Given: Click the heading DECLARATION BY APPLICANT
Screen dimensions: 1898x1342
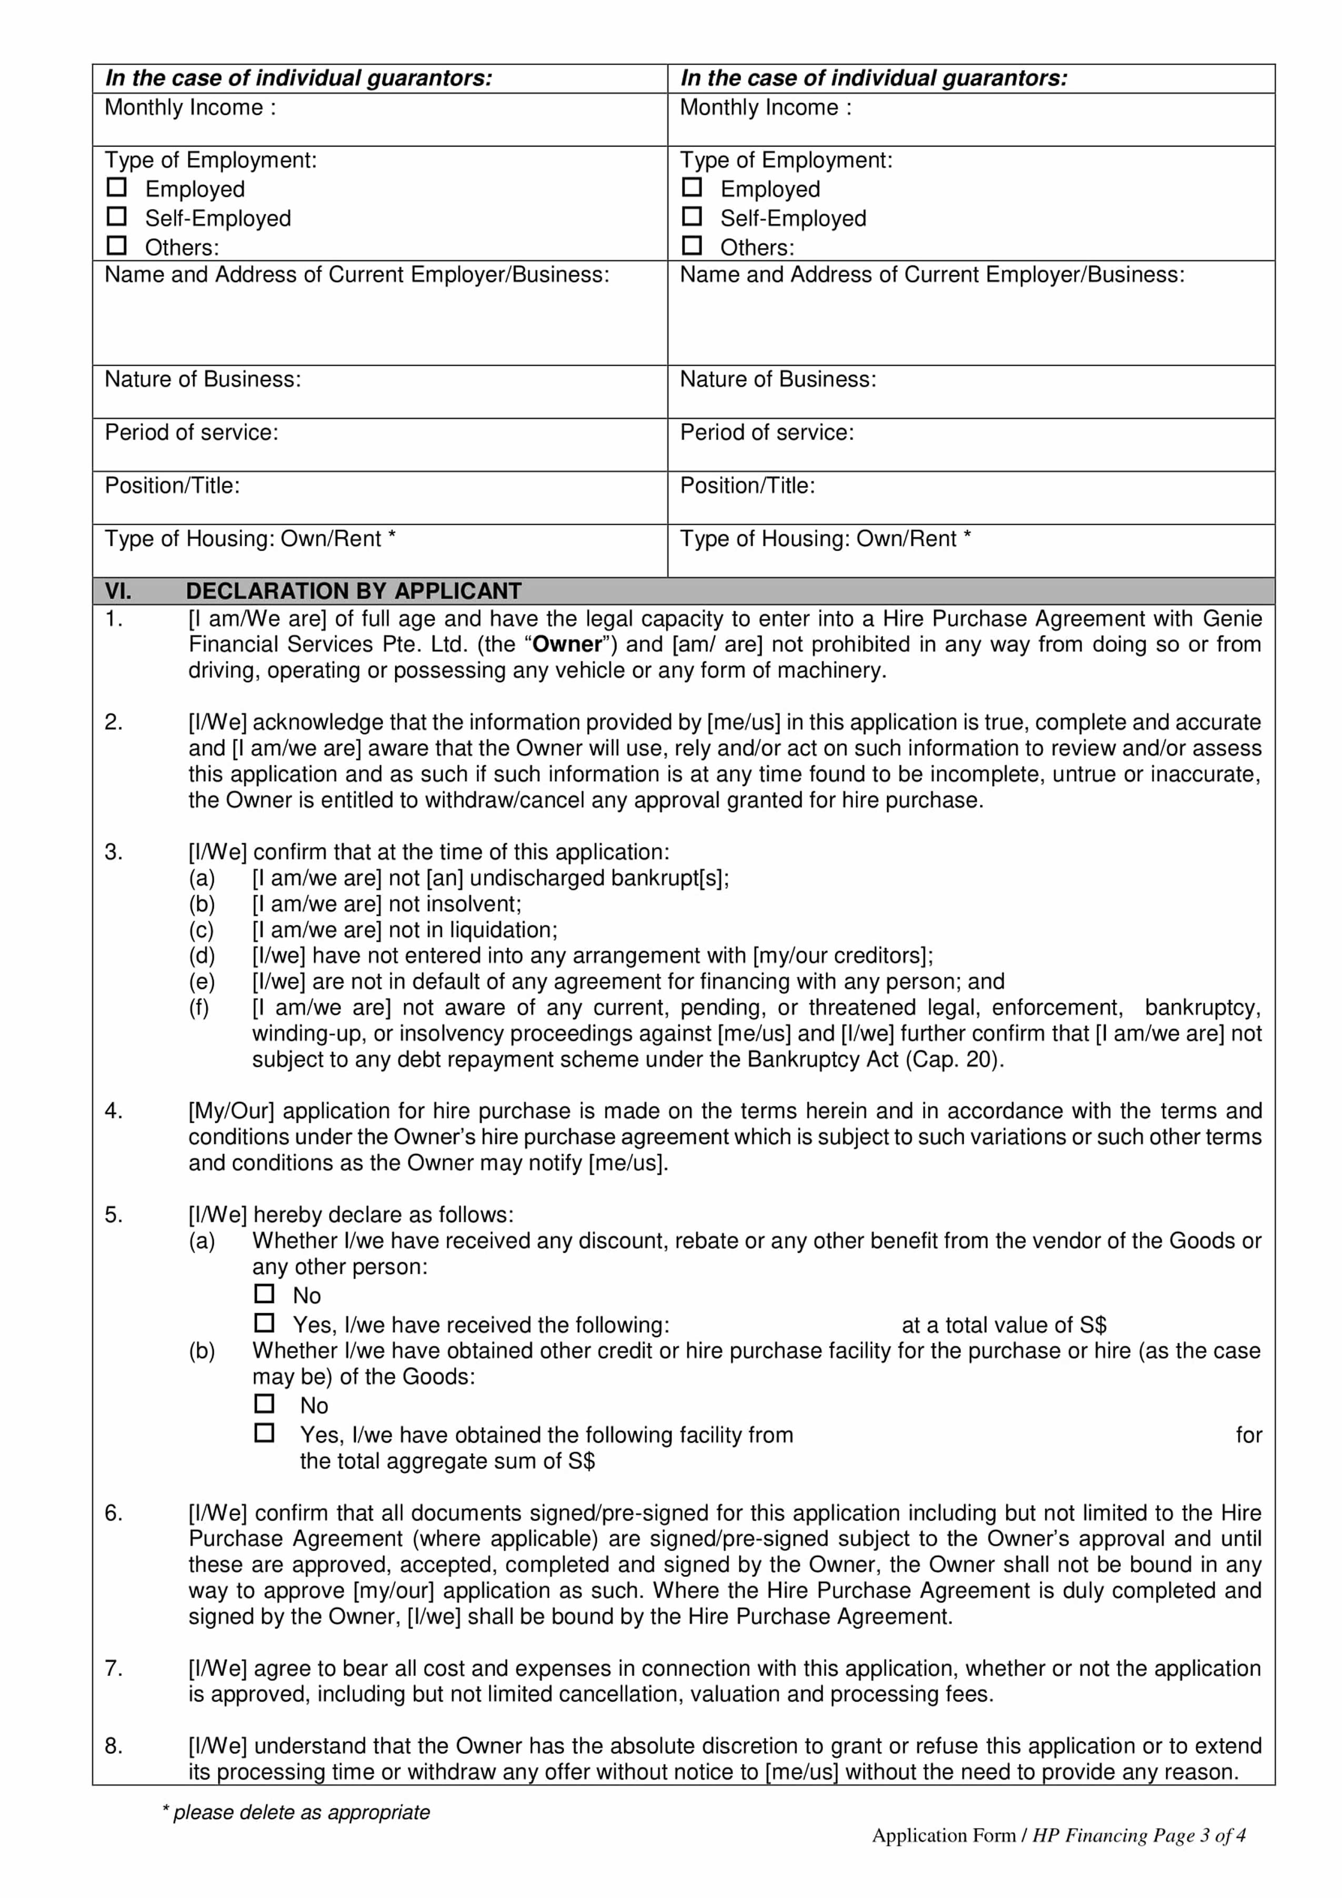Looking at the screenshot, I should [x=354, y=591].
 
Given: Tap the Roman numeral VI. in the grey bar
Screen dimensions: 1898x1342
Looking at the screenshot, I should [x=118, y=591].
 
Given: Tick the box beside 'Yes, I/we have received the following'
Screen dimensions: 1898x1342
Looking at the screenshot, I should [x=264, y=1323].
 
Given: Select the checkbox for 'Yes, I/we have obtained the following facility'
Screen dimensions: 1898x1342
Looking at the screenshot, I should [x=264, y=1433].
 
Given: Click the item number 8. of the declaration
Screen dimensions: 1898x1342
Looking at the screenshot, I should [x=114, y=1746].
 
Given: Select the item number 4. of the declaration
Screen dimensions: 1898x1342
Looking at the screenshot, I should [x=114, y=1111].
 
